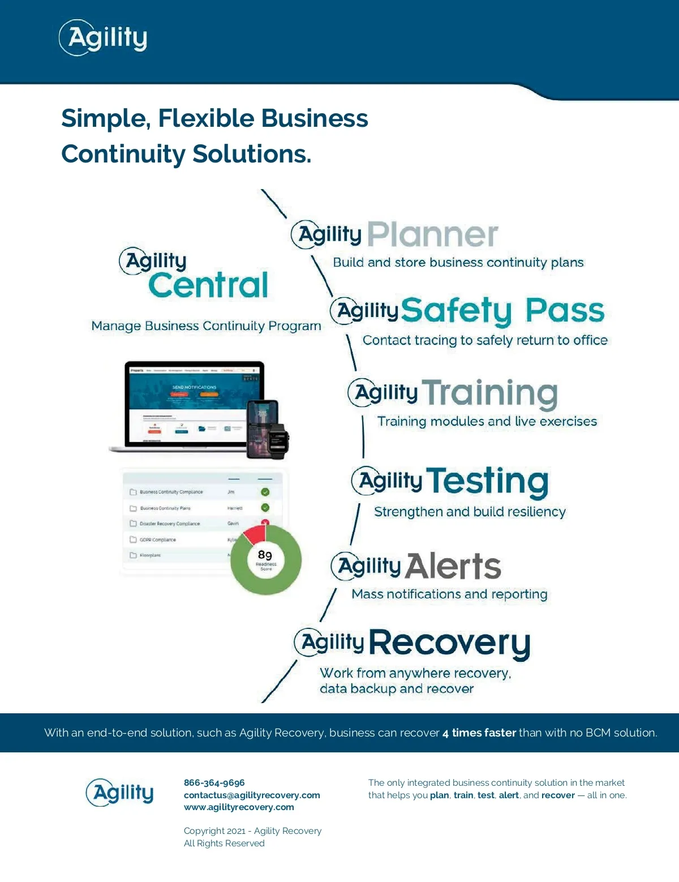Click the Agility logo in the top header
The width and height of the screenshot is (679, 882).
(x=104, y=38)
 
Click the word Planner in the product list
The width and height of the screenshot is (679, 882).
(x=433, y=234)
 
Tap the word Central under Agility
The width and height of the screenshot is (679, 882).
(x=208, y=285)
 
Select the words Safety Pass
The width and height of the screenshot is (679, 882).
(x=502, y=311)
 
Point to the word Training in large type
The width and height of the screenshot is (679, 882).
(x=490, y=393)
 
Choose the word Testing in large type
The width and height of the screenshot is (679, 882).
(x=487, y=481)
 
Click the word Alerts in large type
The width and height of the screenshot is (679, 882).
(x=453, y=566)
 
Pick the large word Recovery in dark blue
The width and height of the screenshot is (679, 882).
(x=450, y=643)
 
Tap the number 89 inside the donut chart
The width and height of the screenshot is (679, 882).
(x=265, y=555)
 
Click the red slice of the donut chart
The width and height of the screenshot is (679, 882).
(x=255, y=534)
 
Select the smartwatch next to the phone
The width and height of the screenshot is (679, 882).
(x=278, y=440)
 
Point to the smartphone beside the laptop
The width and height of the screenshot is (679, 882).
(x=262, y=429)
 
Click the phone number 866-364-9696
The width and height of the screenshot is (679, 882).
(x=214, y=783)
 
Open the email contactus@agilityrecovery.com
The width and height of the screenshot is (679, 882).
(x=252, y=795)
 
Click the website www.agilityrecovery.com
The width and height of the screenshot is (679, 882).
(x=239, y=807)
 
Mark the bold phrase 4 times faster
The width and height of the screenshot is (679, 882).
(x=479, y=733)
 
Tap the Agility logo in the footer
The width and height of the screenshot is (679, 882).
(x=120, y=793)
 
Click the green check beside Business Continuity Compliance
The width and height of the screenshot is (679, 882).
(x=265, y=492)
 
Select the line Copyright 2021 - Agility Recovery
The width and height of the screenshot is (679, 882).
(x=252, y=831)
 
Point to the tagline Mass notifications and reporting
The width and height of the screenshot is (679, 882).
(x=449, y=594)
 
